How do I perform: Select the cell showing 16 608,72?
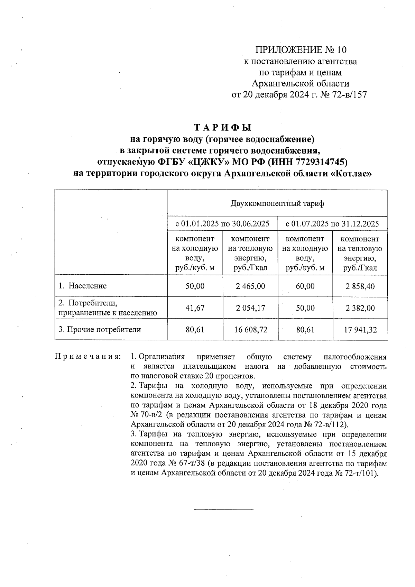coord(250,330)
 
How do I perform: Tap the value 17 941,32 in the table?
coord(360,330)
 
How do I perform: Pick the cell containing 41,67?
coord(195,308)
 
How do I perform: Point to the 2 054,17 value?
coord(250,308)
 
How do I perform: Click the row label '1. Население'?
coord(83,286)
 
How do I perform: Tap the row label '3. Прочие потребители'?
coord(100,330)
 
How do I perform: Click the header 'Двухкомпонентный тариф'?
coord(277,204)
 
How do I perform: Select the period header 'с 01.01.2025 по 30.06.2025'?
coord(222,224)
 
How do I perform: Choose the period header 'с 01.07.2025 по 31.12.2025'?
coord(332,224)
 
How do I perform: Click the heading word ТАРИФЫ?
coord(222,128)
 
